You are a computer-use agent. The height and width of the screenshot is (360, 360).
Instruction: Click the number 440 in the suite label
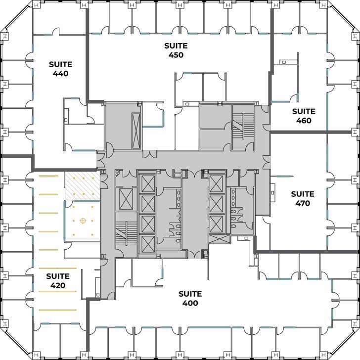(60, 74)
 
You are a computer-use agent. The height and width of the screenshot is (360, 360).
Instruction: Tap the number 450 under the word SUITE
(176, 55)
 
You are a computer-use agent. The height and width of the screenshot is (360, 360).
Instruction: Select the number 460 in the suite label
(303, 120)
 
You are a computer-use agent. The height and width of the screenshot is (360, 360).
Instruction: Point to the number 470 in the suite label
(302, 203)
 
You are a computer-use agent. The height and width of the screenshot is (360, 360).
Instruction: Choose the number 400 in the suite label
(190, 303)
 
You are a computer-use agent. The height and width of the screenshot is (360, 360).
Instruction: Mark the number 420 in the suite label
(56, 285)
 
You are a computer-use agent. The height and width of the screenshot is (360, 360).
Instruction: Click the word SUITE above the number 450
(176, 45)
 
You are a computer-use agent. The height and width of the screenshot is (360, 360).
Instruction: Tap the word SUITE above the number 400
(190, 294)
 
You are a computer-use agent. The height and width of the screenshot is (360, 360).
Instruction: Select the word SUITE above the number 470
(302, 193)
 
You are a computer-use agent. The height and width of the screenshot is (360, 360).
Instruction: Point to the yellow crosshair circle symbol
(82, 221)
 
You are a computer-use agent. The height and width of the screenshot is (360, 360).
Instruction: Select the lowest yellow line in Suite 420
(57, 310)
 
